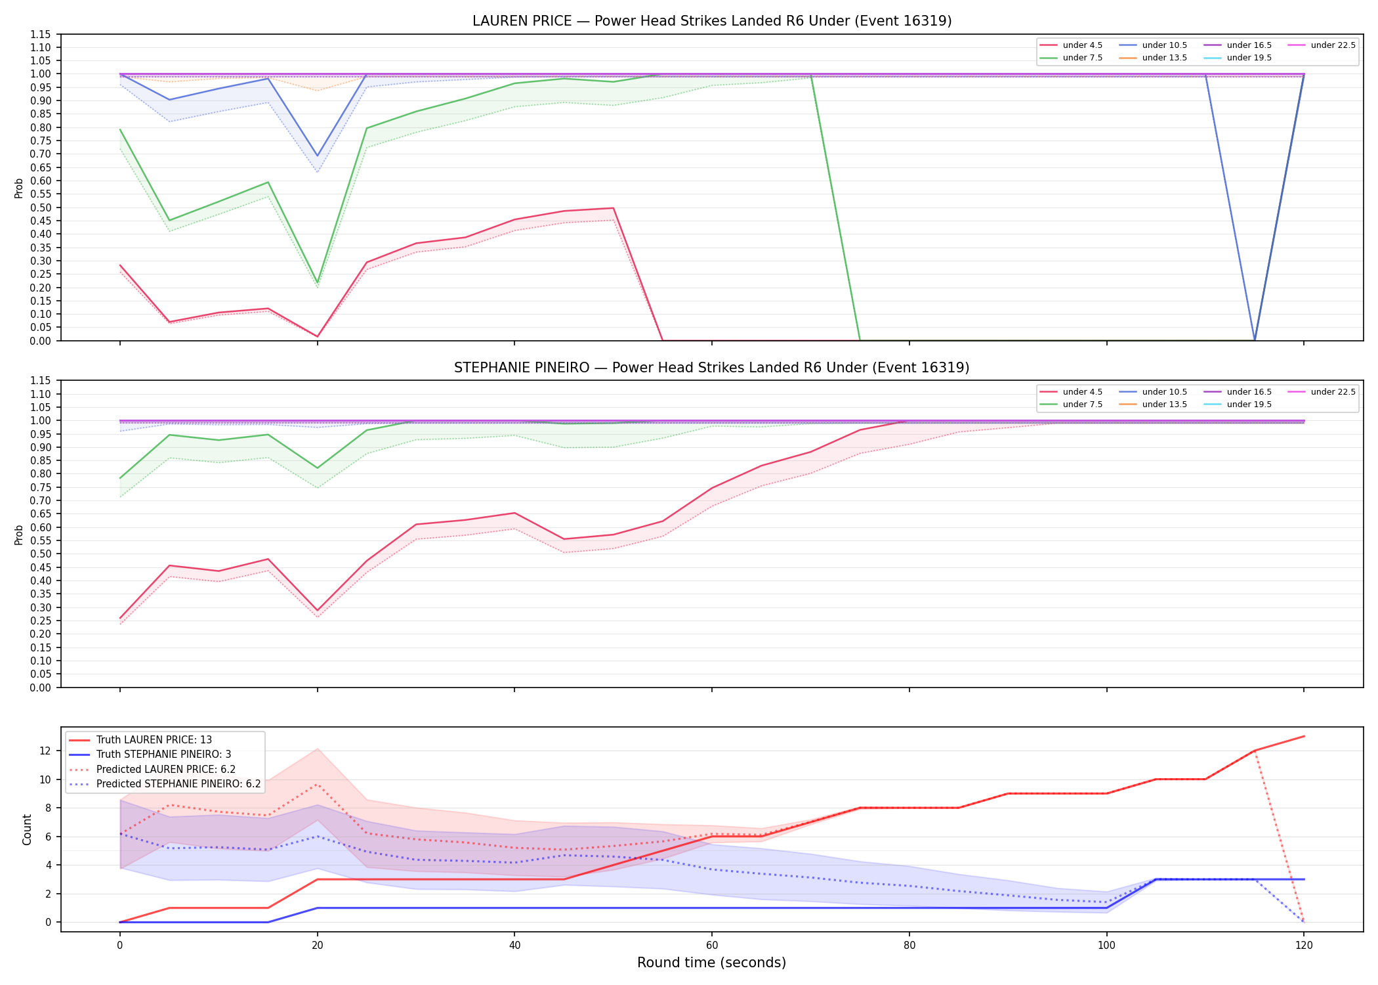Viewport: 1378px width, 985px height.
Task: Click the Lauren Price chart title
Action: click(x=712, y=21)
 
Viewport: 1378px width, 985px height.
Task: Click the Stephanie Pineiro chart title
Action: click(x=712, y=368)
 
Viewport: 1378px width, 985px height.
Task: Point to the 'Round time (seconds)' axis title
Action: click(x=711, y=963)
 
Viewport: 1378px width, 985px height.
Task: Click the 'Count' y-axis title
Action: click(x=27, y=829)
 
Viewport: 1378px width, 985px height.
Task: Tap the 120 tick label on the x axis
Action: click(x=1304, y=946)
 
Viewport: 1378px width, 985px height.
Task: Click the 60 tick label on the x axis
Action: click(x=712, y=946)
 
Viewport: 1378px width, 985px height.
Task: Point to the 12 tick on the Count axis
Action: click(x=46, y=751)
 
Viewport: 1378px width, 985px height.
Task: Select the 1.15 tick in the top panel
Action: click(x=41, y=34)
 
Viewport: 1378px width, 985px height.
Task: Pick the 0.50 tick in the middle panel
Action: click(x=41, y=554)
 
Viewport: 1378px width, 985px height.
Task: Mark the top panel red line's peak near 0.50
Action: click(x=613, y=208)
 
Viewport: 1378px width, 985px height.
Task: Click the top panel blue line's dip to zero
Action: click(x=1255, y=340)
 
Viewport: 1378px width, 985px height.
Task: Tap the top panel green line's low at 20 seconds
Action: click(x=318, y=283)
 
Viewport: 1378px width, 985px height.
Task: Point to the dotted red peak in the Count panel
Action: click(x=318, y=785)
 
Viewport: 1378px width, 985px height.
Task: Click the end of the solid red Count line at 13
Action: click(x=1304, y=736)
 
